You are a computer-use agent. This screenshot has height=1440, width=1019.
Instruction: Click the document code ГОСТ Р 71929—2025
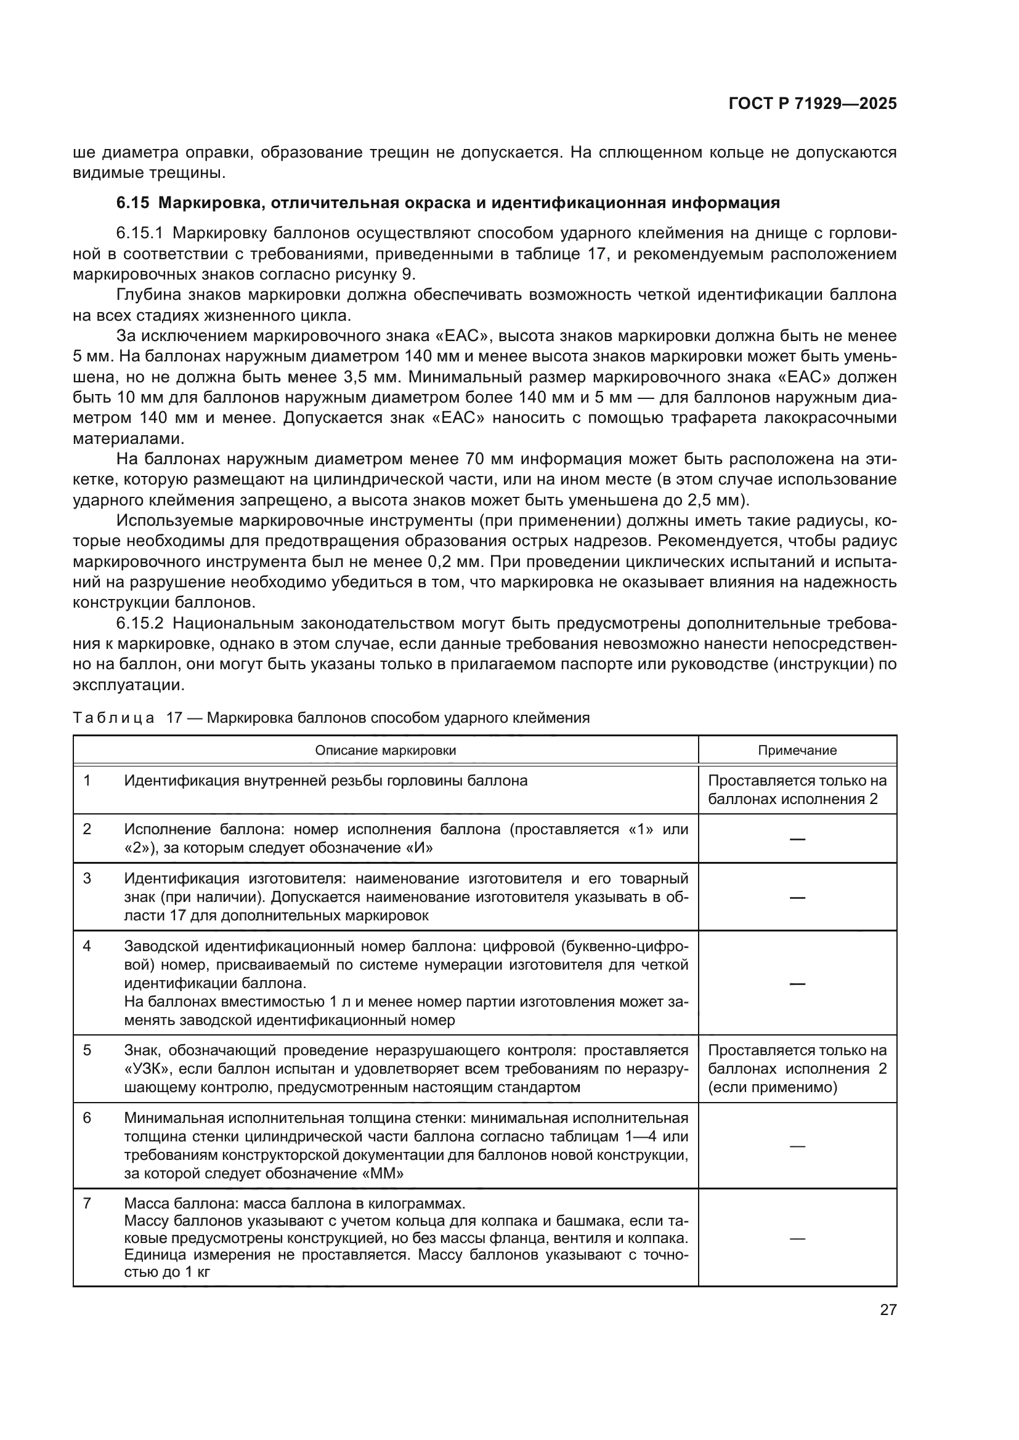point(812,103)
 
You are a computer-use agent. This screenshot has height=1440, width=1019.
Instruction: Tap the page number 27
point(888,1309)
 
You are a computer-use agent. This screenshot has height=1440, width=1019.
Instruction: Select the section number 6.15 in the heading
point(132,203)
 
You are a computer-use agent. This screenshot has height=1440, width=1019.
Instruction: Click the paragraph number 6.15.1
point(139,233)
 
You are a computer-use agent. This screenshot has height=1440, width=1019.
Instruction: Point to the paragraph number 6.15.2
point(139,624)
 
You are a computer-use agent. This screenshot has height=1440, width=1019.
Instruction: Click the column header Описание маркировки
point(385,750)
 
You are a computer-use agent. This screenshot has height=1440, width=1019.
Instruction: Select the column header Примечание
point(797,750)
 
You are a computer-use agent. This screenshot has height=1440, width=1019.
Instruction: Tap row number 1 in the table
point(87,781)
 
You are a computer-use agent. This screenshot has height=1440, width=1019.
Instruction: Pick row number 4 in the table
point(87,946)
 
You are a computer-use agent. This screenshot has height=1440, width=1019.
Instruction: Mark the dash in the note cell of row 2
point(797,839)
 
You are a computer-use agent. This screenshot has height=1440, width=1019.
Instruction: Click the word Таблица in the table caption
point(113,717)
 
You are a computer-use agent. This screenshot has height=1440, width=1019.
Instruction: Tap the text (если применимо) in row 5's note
point(773,1087)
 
